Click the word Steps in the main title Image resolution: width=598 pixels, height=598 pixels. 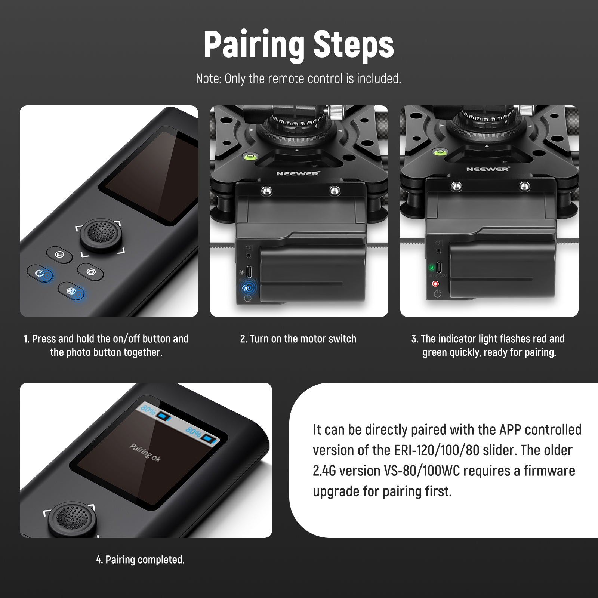(x=354, y=44)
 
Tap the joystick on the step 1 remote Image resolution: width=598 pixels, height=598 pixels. (x=101, y=235)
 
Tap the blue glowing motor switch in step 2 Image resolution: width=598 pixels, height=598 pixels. (x=247, y=288)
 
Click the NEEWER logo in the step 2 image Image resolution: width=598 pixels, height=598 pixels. (x=298, y=173)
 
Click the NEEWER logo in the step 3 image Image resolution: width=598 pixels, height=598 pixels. (x=488, y=169)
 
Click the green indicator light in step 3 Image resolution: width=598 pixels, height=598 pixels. (x=432, y=267)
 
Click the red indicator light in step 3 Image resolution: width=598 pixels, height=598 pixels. (x=436, y=284)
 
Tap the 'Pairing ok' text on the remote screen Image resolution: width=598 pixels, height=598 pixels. (x=145, y=453)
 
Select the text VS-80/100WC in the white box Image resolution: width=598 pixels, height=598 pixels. (x=422, y=471)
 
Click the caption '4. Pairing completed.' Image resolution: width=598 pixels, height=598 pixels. (x=140, y=560)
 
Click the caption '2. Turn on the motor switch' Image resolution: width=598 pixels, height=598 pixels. (x=298, y=339)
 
